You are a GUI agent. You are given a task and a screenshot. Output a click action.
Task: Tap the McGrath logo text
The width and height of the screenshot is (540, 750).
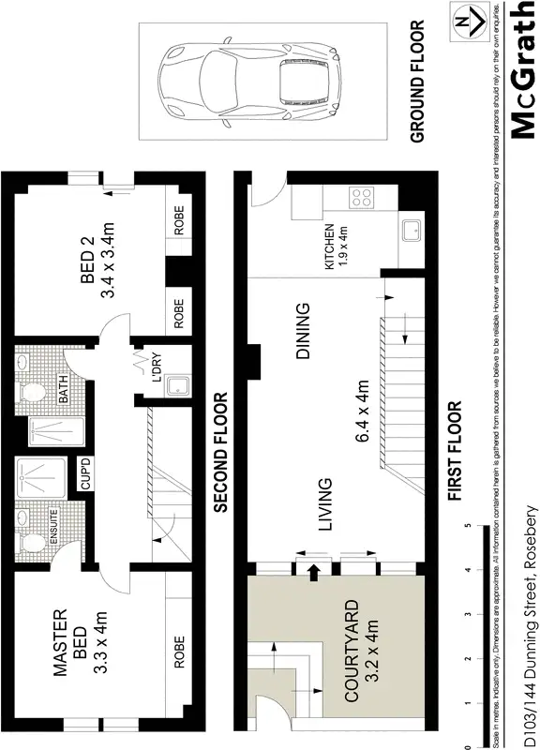523,70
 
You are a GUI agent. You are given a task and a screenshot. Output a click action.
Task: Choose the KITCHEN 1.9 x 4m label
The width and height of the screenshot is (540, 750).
335,247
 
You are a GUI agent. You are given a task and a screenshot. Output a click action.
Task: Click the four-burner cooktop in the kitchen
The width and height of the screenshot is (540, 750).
361,198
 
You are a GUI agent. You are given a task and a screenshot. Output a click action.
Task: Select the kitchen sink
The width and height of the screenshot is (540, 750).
412,231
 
